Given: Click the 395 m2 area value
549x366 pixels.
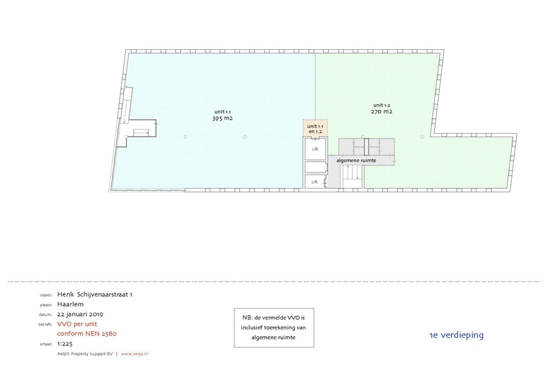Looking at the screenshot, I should click(222, 118).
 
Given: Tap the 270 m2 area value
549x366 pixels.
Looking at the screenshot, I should click(382, 111).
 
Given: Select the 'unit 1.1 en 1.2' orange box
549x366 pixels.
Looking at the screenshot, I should click(315, 129).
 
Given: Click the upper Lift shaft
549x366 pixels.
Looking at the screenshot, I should click(315, 149).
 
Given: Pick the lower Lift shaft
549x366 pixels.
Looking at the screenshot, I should click(315, 182).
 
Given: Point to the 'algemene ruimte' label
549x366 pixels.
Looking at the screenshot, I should click(356, 160).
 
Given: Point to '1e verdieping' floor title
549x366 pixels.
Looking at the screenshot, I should click(456, 334).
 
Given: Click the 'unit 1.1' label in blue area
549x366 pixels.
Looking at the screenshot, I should click(222, 111).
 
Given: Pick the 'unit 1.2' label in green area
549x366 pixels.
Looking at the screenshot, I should click(382, 104).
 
